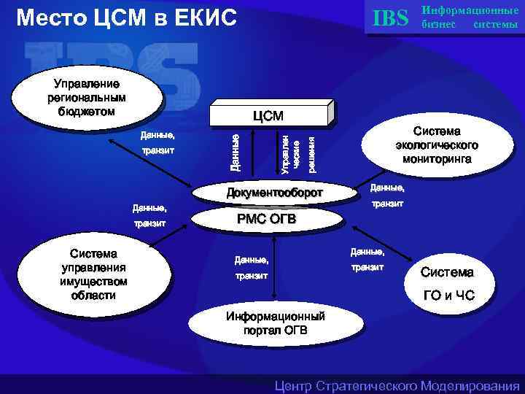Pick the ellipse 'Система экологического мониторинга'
click(437, 144)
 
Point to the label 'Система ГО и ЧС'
click(447, 284)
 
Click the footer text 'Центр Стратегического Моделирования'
click(397, 385)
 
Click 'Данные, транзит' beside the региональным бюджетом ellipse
click(158, 142)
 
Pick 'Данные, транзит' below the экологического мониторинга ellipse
click(387, 196)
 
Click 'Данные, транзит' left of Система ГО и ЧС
click(367, 259)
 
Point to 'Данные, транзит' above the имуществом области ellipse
click(150, 215)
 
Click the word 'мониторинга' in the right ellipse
click(437, 158)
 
